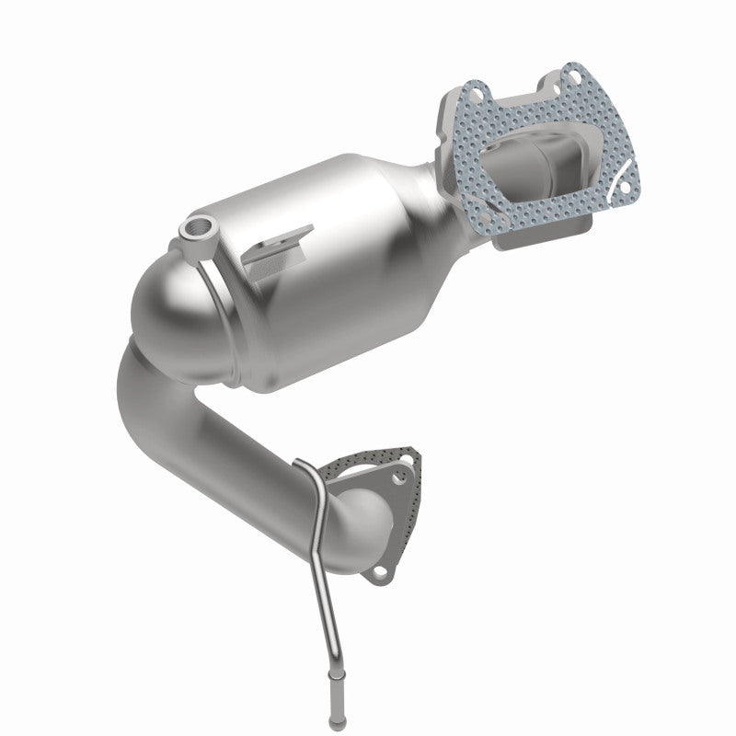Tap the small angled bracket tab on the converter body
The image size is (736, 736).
coord(276,242)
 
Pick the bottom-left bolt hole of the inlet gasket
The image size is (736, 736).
coord(509,236)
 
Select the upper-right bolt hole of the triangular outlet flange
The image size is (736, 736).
coord(400,477)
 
